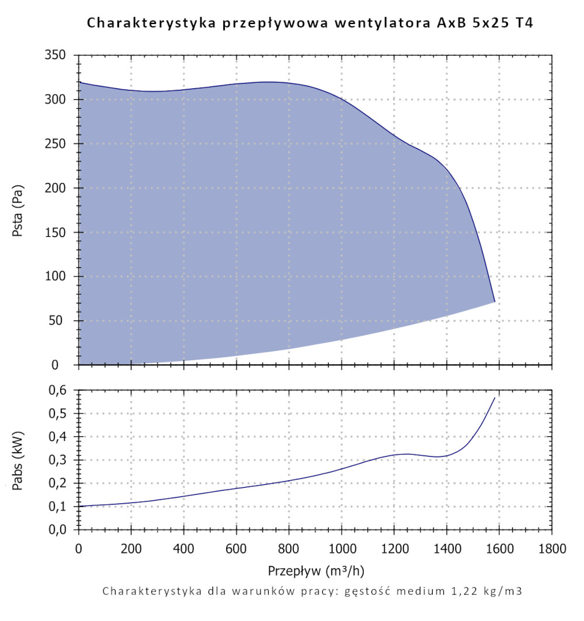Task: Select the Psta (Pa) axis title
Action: click(18, 210)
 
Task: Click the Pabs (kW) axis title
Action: click(18, 460)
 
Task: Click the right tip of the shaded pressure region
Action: click(495, 302)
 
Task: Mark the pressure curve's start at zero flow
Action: click(79, 82)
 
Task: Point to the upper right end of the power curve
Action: click(495, 398)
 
